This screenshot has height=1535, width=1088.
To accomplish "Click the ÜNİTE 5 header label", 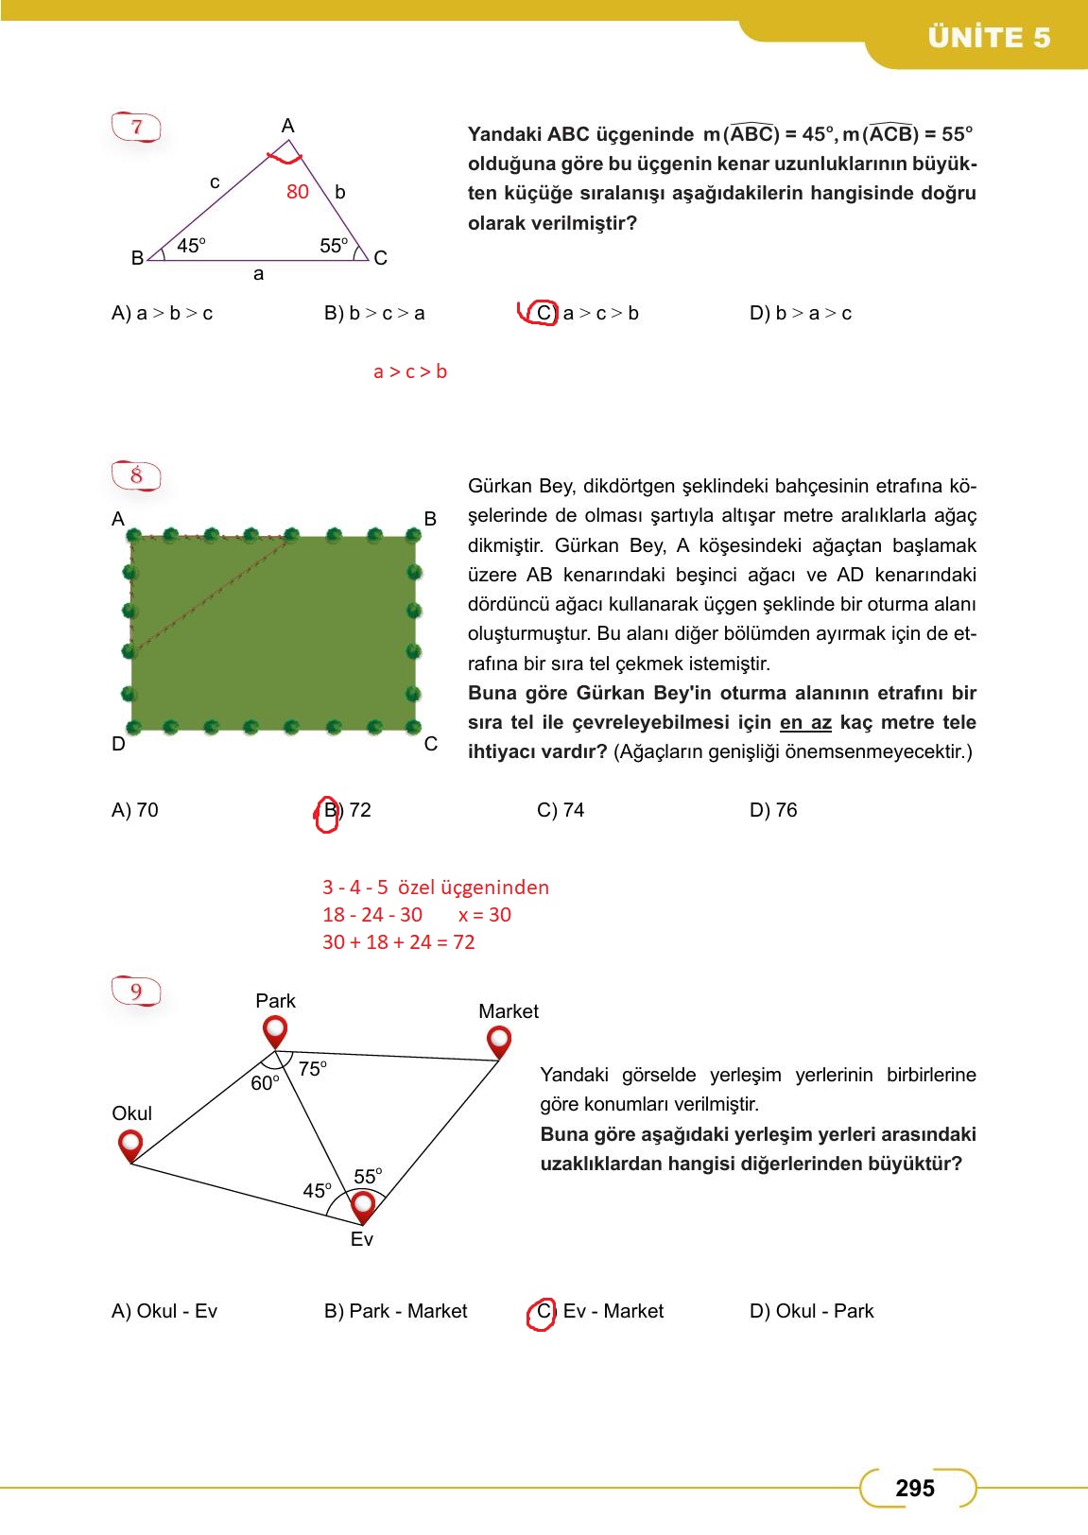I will tap(989, 38).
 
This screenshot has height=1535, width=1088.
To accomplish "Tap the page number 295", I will tap(914, 1489).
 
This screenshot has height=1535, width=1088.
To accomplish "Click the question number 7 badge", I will tap(138, 127).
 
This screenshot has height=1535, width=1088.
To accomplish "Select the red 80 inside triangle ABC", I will tap(297, 192).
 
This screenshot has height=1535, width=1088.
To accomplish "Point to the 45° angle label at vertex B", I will tap(191, 246).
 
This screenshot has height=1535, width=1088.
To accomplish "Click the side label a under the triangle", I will tap(258, 274).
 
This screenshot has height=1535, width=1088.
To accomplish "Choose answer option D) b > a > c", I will tap(800, 314).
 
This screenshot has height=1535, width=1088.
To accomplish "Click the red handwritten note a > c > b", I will tap(409, 372).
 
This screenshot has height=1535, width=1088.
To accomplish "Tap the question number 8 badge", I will tap(137, 475).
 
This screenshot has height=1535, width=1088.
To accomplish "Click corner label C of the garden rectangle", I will tap(430, 744).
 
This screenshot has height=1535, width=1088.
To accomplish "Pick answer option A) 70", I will tap(135, 810).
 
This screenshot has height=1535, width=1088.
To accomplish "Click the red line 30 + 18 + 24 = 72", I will tap(398, 942).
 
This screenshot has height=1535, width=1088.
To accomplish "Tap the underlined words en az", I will tap(805, 723).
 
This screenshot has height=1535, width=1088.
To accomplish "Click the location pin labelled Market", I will tap(498, 1041).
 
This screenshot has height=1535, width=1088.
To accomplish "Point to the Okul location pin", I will tap(130, 1145).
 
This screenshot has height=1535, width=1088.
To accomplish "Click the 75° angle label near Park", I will tap(312, 1069).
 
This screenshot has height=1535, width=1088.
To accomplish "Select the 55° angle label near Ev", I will tap(368, 1177).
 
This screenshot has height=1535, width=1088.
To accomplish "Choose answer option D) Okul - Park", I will tap(811, 1311).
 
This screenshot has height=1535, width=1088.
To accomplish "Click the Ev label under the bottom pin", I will tap(361, 1239).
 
